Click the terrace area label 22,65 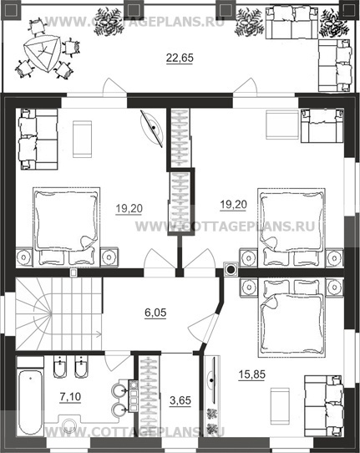(x=180, y=58)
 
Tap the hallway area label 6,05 (x=155, y=313)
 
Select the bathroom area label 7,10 (x=70, y=397)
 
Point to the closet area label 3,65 (x=180, y=400)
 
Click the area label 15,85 (x=251, y=374)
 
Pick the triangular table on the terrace (x=43, y=53)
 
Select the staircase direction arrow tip (x=101, y=334)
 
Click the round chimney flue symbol (x=231, y=270)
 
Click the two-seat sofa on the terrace (x=292, y=23)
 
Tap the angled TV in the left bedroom (x=152, y=128)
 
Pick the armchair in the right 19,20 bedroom (x=322, y=125)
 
